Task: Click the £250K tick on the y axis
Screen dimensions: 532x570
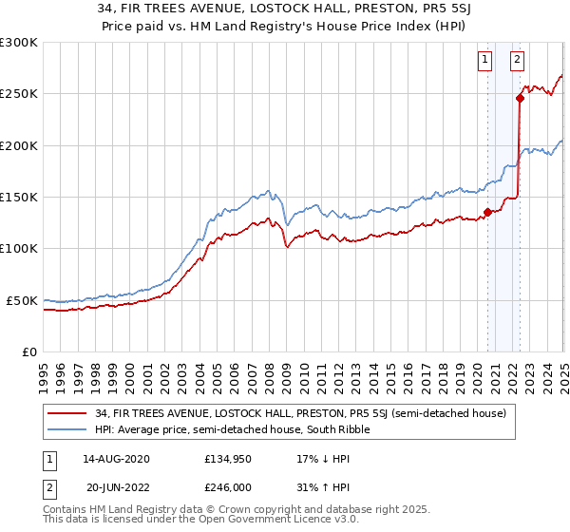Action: (x=19, y=94)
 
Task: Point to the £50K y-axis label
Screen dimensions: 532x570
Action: (x=22, y=300)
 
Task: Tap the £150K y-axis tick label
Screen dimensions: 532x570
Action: (x=19, y=197)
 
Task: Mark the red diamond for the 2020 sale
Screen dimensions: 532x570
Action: (x=487, y=212)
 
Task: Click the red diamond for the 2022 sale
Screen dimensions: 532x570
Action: (x=520, y=97)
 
